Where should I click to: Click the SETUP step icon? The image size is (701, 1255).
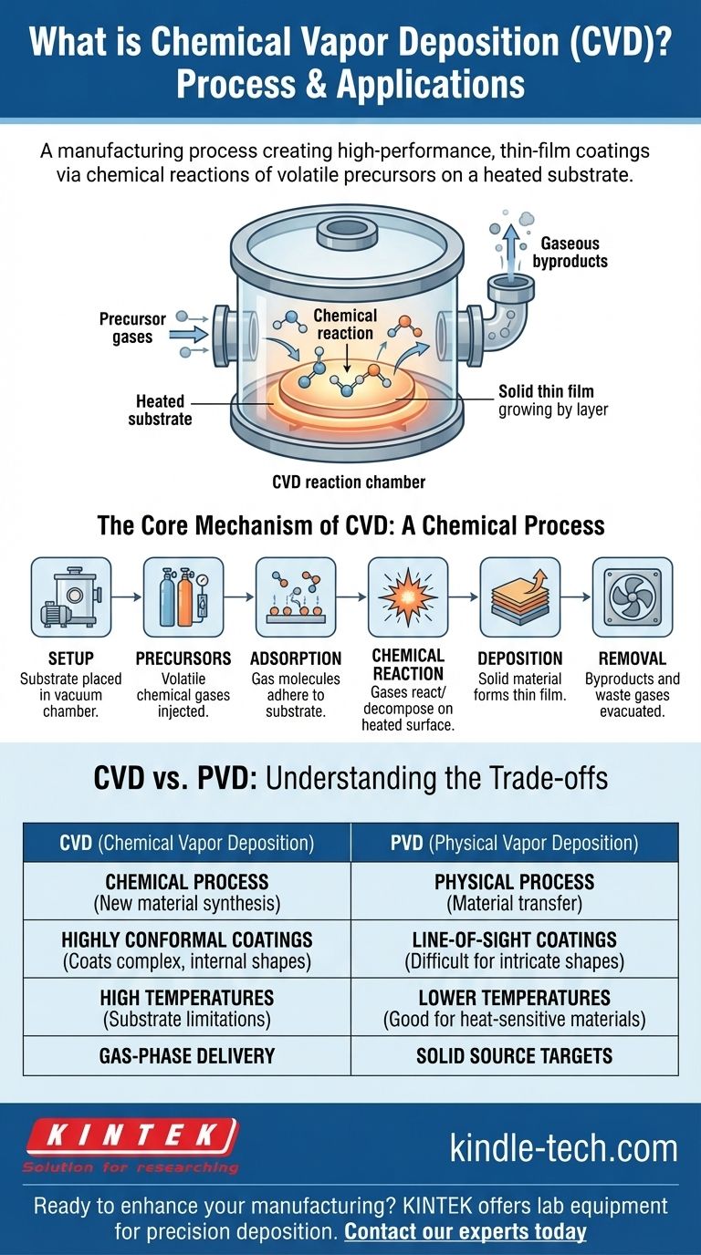(x=70, y=596)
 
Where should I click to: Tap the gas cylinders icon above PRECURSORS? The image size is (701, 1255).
(x=183, y=596)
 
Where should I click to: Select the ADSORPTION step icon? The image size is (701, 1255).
(x=296, y=596)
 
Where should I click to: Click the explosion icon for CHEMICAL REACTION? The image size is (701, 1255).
(x=408, y=596)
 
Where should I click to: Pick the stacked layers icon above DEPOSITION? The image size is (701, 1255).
(x=520, y=596)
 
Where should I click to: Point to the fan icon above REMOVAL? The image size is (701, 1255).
(x=633, y=596)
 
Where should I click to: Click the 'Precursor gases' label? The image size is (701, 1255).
(x=132, y=328)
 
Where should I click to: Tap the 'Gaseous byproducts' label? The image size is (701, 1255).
(x=573, y=253)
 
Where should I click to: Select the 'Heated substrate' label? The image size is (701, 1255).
(x=161, y=410)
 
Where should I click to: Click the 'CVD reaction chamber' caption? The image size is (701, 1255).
(x=350, y=482)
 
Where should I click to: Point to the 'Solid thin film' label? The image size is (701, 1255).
(x=553, y=400)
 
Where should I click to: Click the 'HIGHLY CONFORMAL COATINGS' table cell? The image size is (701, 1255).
(x=186, y=949)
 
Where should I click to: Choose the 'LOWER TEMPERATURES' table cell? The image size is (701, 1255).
(x=514, y=1007)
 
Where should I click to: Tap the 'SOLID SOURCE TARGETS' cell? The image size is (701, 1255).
(x=514, y=1056)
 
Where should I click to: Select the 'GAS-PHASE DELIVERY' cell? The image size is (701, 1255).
(x=186, y=1056)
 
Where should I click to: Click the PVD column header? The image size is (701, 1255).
(x=514, y=843)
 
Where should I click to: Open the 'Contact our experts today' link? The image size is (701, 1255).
(x=465, y=1231)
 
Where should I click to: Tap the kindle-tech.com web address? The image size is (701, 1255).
(x=563, y=1148)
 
